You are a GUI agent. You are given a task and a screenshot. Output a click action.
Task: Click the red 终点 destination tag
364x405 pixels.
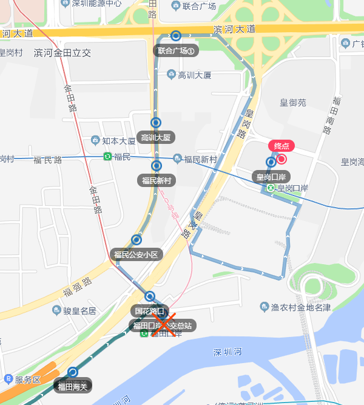tap(281, 146)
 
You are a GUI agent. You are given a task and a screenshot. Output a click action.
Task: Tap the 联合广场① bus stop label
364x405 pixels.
tap(175, 51)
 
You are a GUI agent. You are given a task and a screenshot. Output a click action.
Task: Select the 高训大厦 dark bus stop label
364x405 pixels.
tap(156, 137)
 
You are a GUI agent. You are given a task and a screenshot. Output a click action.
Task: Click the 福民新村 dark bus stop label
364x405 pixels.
tap(157, 180)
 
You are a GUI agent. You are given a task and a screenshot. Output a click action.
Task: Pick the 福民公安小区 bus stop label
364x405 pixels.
tap(136, 254)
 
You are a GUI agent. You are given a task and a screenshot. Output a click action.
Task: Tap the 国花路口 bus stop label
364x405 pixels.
tap(149, 311)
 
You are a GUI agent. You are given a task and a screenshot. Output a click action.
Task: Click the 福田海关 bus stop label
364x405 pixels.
tap(73, 386)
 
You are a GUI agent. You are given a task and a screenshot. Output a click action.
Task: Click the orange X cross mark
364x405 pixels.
tap(164, 324)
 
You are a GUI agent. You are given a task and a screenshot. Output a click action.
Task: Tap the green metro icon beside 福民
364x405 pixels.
tap(107, 157)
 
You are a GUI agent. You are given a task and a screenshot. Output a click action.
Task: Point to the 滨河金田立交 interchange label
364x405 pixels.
tap(62, 53)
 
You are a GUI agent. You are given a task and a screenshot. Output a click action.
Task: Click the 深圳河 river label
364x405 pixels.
tap(228, 352)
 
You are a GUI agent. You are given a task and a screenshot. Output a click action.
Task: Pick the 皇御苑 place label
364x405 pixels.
tap(293, 103)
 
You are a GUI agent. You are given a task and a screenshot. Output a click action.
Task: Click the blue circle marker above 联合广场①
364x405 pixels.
tap(176, 36)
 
